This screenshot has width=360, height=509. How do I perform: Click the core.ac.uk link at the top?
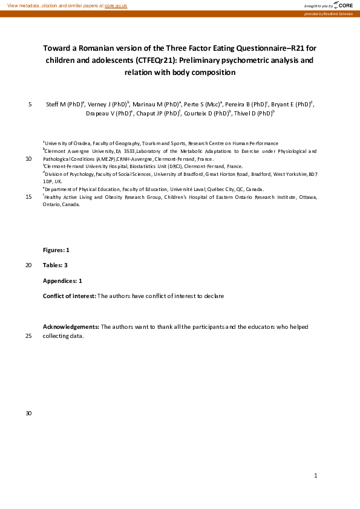point(116,5)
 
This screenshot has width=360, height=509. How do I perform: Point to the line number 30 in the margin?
point(28,413)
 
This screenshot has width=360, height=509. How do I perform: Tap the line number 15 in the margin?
point(28,196)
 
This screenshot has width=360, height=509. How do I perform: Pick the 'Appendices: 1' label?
point(62,281)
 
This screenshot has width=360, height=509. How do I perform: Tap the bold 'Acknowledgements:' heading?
point(71,327)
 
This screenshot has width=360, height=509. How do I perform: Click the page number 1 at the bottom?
point(316,476)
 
